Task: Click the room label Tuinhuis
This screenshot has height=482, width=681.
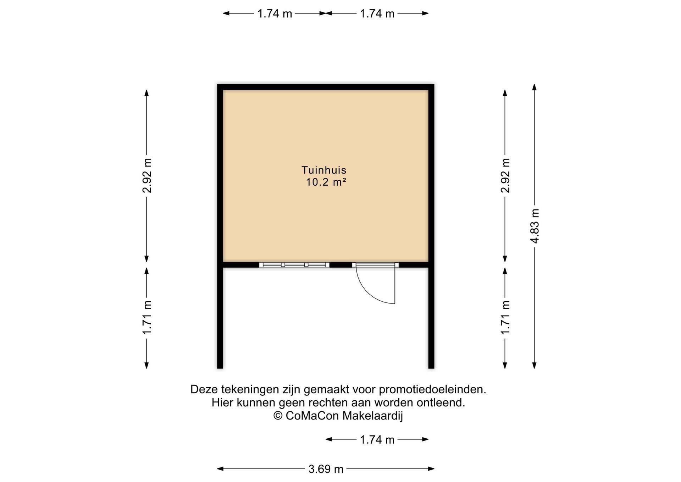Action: (324, 170)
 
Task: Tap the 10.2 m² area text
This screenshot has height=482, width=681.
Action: (326, 182)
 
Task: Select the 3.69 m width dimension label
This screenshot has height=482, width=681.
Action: (326, 469)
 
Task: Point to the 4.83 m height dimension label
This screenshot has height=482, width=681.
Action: (535, 226)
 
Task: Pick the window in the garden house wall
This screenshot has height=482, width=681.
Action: (294, 265)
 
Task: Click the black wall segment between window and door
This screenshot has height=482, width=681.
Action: (341, 265)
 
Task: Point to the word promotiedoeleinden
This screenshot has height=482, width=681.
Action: (432, 389)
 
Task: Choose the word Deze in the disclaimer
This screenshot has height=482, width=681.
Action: (204, 389)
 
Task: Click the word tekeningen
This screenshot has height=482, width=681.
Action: (250, 390)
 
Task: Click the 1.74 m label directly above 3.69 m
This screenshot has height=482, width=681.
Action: (377, 440)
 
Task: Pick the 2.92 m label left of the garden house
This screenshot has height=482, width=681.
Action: (147, 176)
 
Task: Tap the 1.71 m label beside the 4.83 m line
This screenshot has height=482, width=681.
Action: (505, 317)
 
